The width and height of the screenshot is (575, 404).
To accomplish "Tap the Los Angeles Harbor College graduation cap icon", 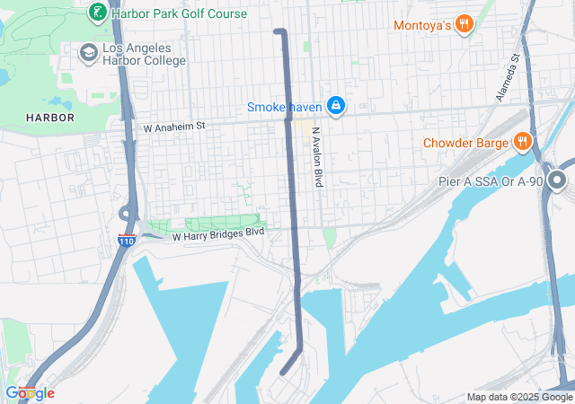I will (88, 53).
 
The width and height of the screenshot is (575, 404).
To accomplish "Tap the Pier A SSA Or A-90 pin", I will (557, 182).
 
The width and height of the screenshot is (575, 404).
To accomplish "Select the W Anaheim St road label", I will (174, 127).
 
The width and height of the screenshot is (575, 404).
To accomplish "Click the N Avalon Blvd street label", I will (316, 156).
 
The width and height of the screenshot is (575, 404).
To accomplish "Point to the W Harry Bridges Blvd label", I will (218, 234).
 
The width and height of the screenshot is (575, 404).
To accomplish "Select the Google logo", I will (30, 392).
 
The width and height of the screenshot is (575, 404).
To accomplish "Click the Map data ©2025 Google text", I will (519, 397).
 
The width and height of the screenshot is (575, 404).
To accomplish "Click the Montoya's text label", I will (421, 26).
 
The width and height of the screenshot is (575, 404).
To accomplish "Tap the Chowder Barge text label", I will (464, 142).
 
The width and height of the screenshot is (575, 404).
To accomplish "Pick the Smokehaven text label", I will (285, 108).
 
